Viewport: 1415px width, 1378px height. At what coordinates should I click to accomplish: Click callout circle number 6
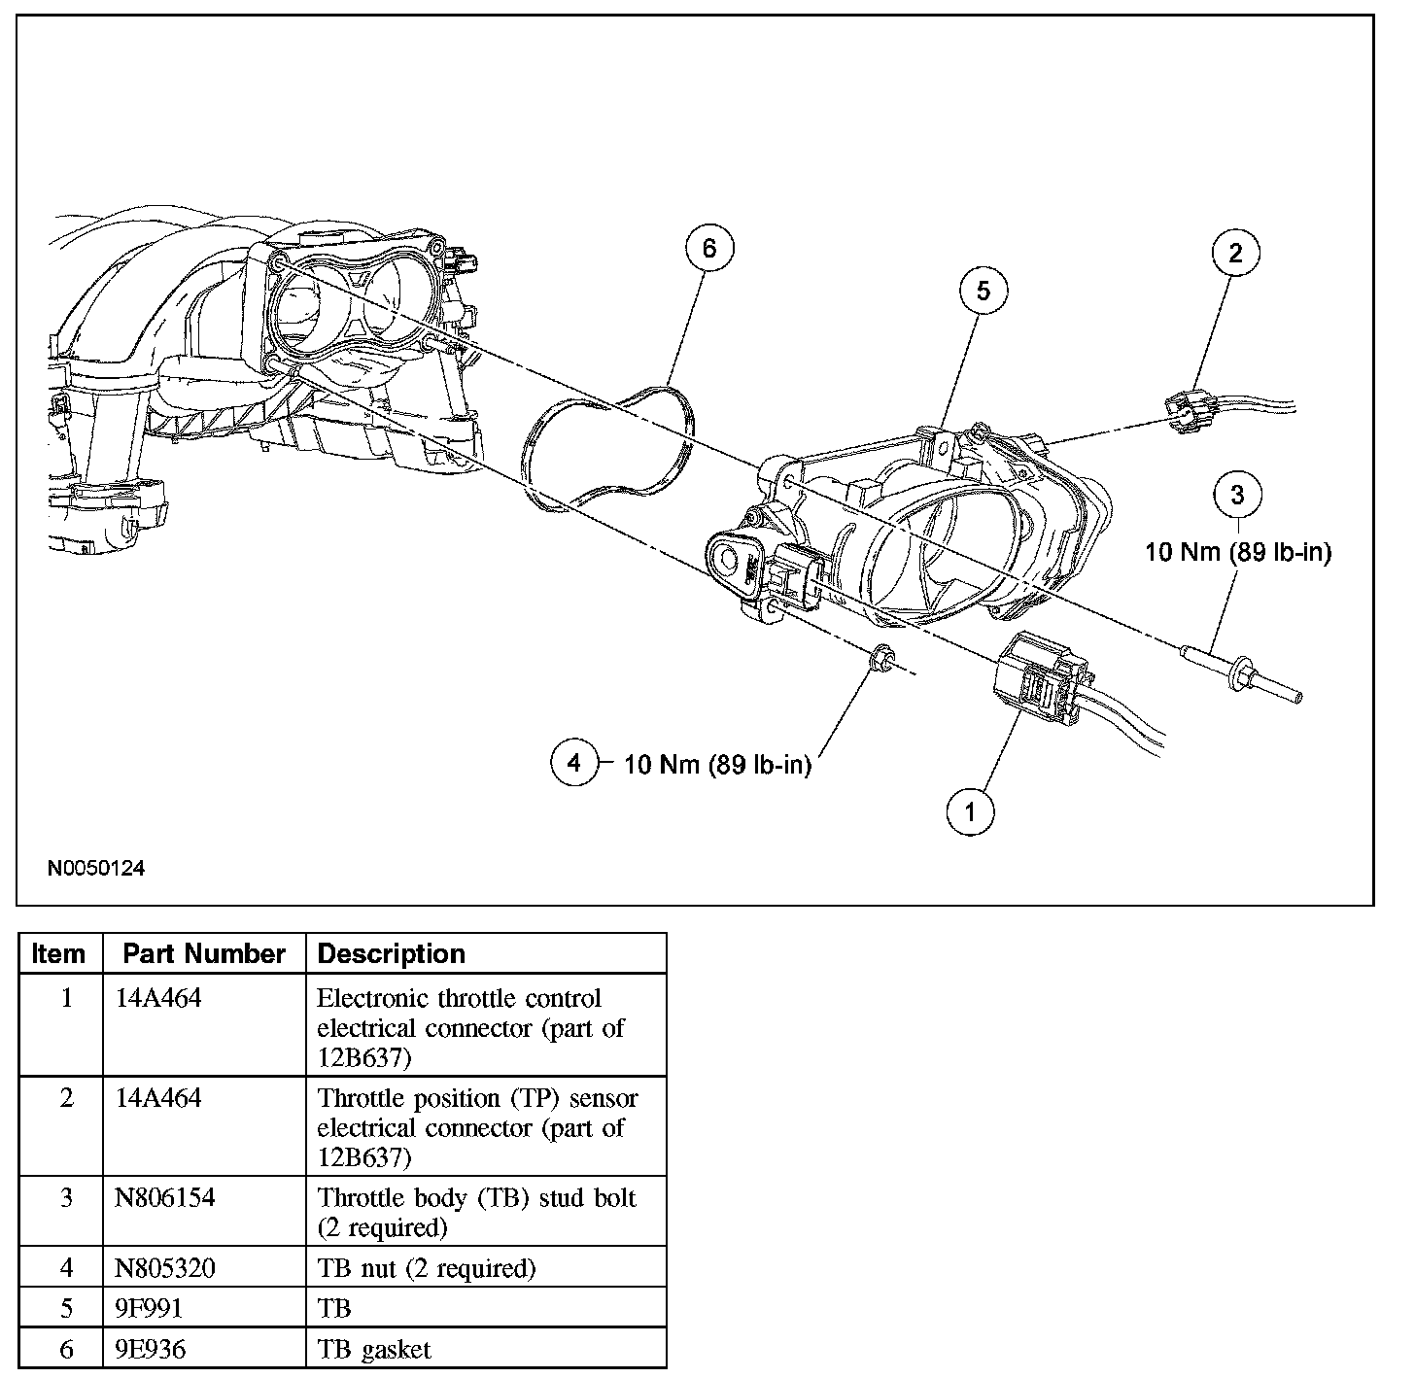pyautogui.click(x=708, y=249)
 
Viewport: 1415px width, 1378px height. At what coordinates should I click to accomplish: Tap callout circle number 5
pyautogui.click(x=984, y=291)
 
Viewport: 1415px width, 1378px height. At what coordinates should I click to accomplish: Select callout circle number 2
pyautogui.click(x=1235, y=254)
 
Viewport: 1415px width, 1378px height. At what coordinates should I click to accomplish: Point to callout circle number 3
pyautogui.click(x=1237, y=495)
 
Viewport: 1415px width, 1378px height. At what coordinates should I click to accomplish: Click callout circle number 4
pyautogui.click(x=573, y=763)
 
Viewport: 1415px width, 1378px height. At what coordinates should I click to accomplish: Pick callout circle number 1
pyautogui.click(x=970, y=810)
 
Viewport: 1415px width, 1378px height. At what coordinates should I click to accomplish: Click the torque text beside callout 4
pyautogui.click(x=717, y=765)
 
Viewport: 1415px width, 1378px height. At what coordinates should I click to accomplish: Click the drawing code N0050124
pyautogui.click(x=96, y=868)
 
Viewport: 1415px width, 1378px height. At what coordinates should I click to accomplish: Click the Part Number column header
pyautogui.click(x=204, y=953)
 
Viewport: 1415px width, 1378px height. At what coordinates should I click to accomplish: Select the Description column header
pyautogui.click(x=392, y=953)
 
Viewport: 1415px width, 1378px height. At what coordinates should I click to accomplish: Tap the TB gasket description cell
pyautogui.click(x=374, y=1349)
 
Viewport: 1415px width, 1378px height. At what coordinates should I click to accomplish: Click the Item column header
pyautogui.click(x=58, y=953)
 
